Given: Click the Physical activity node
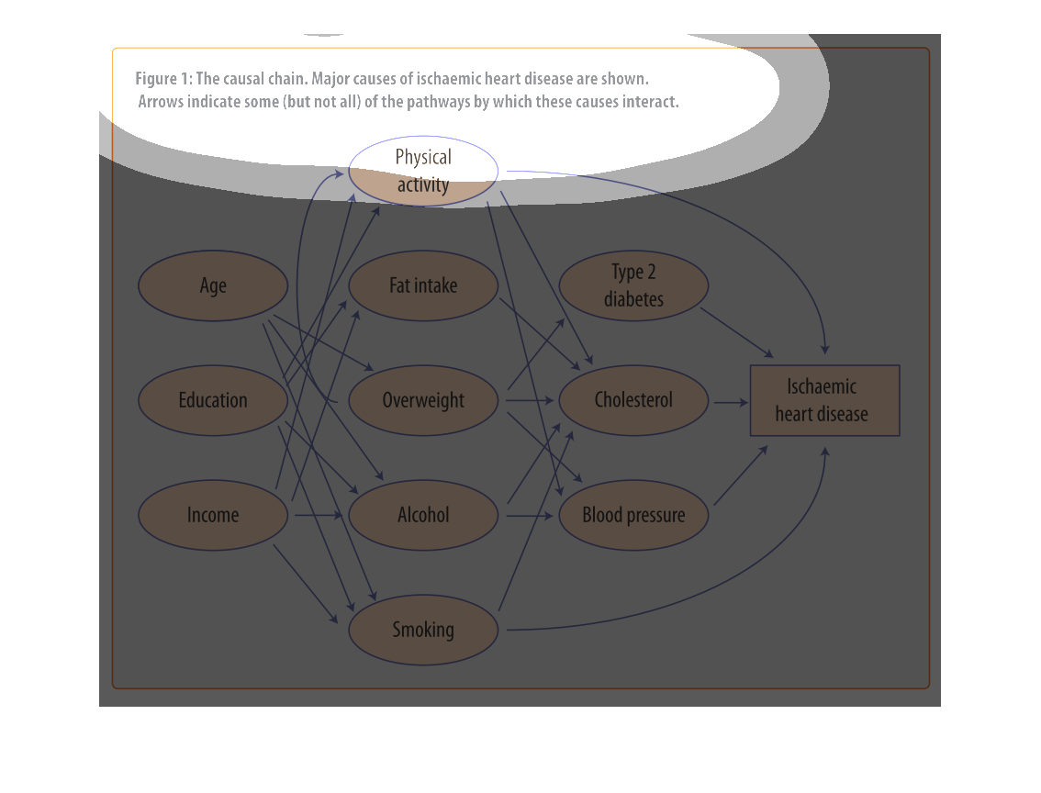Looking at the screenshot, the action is [x=423, y=172].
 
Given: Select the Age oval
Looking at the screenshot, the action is [x=213, y=286].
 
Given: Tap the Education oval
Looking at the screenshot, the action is [x=213, y=401].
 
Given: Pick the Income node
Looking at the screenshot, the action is [x=213, y=516].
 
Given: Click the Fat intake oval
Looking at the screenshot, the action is [x=423, y=286].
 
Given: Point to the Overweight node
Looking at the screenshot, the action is [x=423, y=401].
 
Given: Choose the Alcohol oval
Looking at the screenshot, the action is [x=423, y=516].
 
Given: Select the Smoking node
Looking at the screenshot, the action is [x=423, y=631].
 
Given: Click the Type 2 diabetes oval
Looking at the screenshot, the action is [x=634, y=286].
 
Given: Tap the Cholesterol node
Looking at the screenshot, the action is [x=634, y=401].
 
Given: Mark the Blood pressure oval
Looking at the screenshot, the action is [x=634, y=516].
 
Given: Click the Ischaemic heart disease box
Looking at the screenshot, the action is [x=824, y=401].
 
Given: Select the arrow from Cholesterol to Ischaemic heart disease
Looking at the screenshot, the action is [x=731, y=402].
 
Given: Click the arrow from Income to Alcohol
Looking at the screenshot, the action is [x=319, y=515].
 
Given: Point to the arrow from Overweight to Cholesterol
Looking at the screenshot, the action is [x=530, y=400].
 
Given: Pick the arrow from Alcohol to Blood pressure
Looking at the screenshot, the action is [x=530, y=516].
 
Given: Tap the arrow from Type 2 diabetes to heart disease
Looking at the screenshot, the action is [x=737, y=333].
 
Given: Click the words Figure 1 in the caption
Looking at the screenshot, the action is [x=163, y=79].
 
